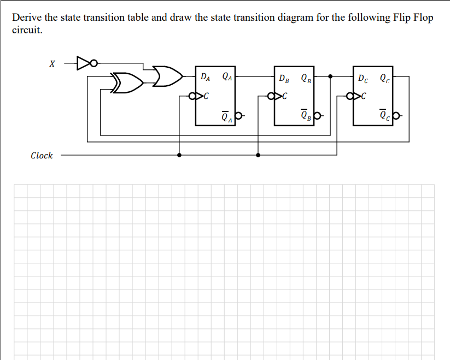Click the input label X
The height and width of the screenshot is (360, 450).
pos(52,64)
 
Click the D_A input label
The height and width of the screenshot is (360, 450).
pos(204,77)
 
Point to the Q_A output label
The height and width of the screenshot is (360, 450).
pos(227,77)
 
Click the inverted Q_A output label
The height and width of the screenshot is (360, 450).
pos(227,116)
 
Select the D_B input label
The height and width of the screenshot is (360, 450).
pos(284,78)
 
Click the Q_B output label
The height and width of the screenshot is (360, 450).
pos(306,78)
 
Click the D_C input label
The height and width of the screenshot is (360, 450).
pos(363,78)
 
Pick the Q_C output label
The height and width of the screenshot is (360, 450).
pos(385,78)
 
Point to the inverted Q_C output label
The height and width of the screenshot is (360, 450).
pos(385,116)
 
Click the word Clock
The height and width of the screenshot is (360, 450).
pos(42,156)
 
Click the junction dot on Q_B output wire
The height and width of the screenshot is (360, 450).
pos(330,76)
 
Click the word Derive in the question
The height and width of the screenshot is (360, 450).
pos(27,17)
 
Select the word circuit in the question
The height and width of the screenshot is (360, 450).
pos(26,30)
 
